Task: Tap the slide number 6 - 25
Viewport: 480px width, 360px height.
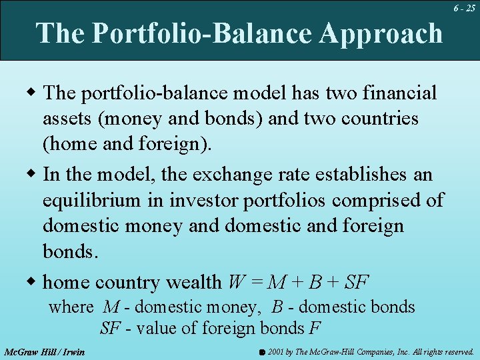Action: click(464, 9)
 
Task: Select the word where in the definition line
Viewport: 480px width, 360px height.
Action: click(71, 307)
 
